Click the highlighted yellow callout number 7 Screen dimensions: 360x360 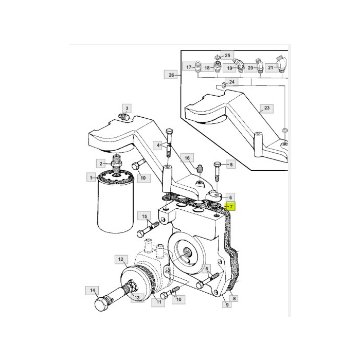231,207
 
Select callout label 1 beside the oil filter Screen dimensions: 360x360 91,177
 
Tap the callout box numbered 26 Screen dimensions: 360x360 171,75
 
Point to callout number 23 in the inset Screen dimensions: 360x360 266,108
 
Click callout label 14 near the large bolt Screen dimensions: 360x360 92,291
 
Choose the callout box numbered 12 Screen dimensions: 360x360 121,259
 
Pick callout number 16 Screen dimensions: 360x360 187,158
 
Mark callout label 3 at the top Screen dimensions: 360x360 127,108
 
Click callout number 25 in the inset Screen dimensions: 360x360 227,56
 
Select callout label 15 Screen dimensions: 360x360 144,217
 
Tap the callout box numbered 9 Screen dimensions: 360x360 227,304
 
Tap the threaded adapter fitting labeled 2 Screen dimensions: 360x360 116,164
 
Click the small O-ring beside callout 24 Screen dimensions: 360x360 223,86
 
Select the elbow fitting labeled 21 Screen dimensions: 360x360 282,64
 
